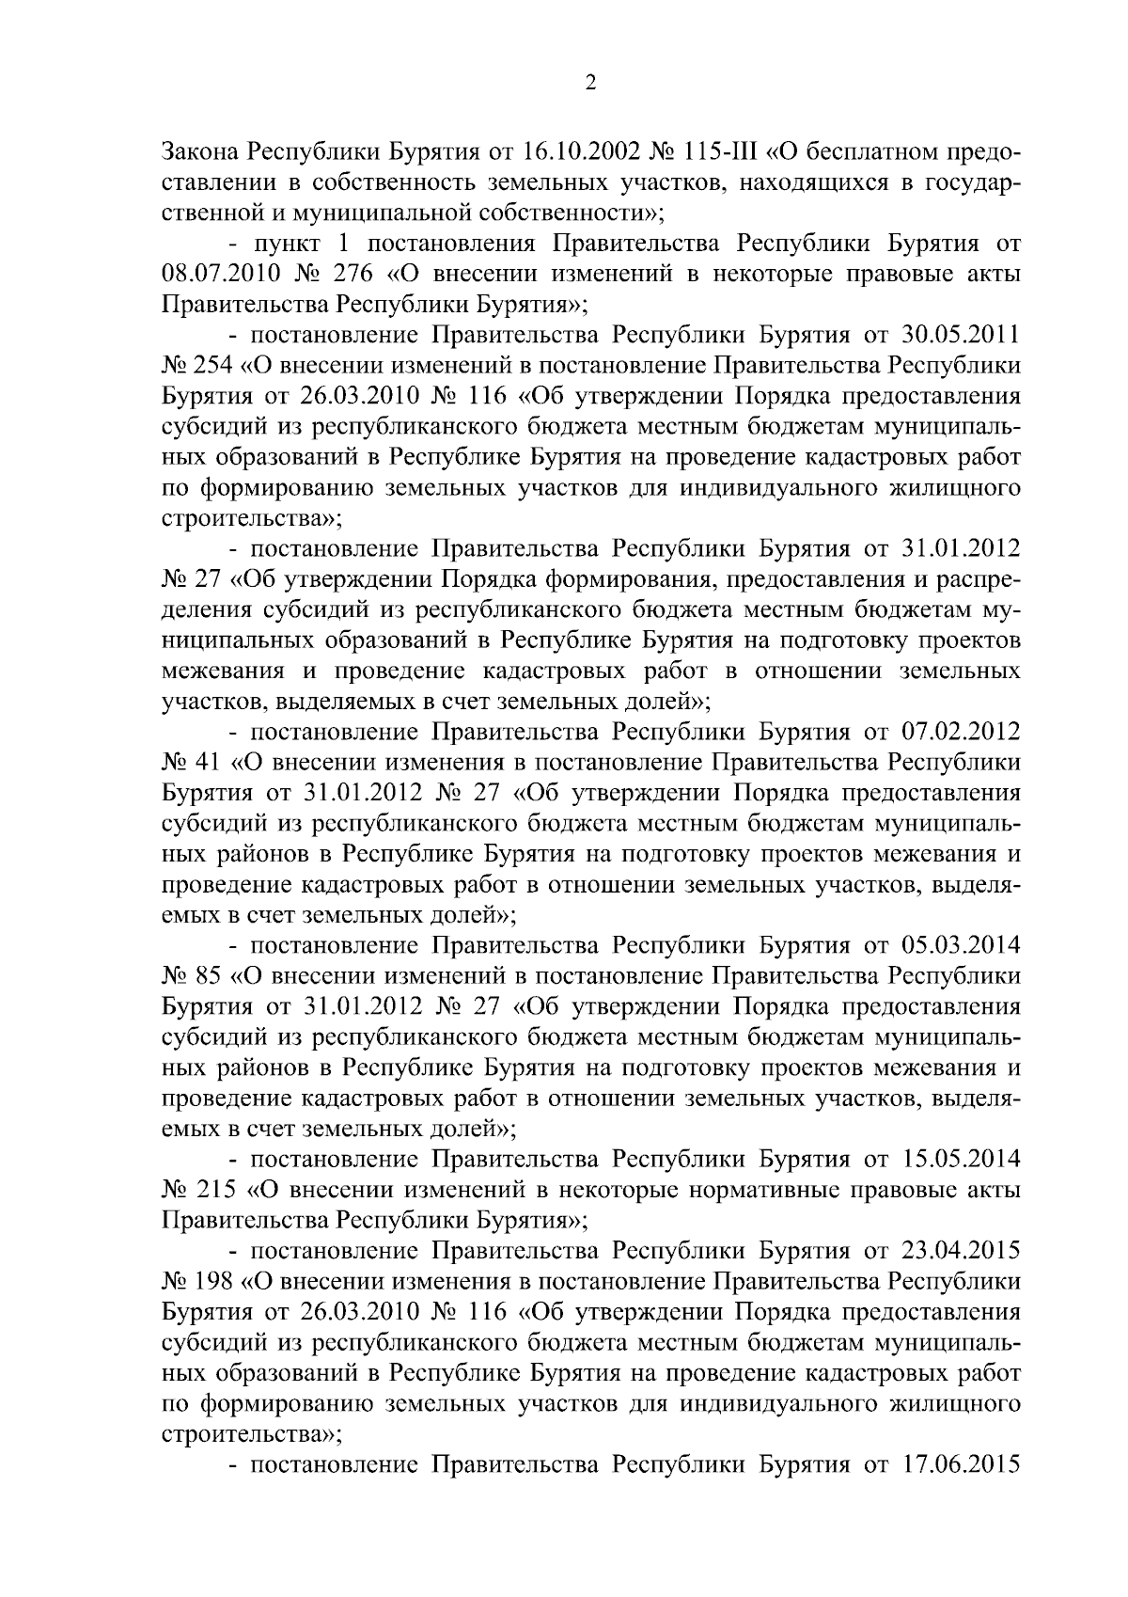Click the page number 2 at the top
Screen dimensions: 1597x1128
coord(590,84)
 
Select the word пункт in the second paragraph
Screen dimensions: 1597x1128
coord(290,244)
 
